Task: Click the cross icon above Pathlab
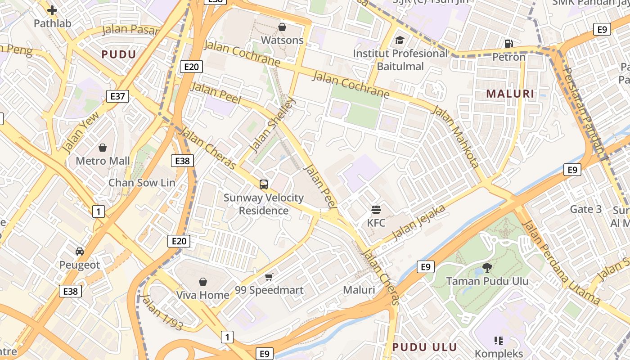tap(52, 10)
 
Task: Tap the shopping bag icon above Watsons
tap(282, 27)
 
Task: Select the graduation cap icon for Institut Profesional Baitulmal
tap(400, 41)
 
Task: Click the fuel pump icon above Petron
tap(508, 44)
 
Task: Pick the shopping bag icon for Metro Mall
tap(103, 148)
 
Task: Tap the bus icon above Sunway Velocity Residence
tap(264, 184)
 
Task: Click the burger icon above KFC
tap(376, 209)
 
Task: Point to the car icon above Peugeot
tap(80, 252)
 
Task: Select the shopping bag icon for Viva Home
tap(203, 282)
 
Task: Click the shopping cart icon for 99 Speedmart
tap(269, 277)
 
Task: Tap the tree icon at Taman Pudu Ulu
tap(487, 268)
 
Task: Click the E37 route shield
tap(117, 96)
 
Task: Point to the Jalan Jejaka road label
tap(418, 222)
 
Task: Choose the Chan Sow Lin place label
tap(142, 183)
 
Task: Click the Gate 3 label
tap(585, 209)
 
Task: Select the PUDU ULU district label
tap(424, 347)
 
